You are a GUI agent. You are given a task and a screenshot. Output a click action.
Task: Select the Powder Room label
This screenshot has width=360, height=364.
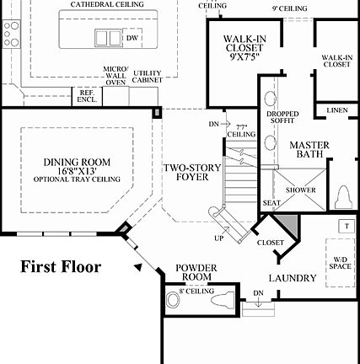tap(196, 272)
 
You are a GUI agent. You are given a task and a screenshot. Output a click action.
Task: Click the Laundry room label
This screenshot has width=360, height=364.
tap(293, 278)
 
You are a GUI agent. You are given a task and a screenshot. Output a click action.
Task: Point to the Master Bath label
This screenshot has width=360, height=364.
tap(309, 150)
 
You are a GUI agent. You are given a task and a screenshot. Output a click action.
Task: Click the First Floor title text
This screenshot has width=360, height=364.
tap(61, 267)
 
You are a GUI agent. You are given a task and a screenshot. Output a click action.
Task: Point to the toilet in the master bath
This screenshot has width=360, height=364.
tap(343, 197)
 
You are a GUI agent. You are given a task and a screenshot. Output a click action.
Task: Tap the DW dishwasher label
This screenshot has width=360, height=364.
tap(132, 38)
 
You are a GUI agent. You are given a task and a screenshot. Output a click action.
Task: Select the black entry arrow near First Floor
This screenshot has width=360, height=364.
tap(137, 267)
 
